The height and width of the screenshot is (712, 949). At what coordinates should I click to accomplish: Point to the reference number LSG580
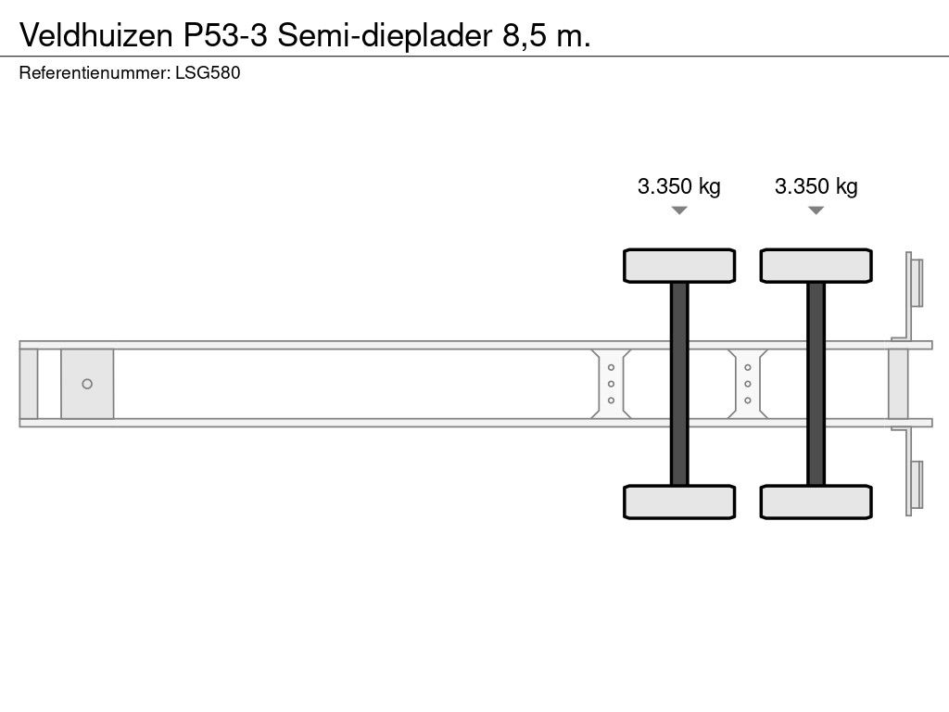(208, 73)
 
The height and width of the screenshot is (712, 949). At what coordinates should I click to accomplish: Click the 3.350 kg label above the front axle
(679, 186)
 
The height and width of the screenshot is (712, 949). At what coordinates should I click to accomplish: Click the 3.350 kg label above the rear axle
(816, 186)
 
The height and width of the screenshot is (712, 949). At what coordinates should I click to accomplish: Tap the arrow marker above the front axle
(679, 210)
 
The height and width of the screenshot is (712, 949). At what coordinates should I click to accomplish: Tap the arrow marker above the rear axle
(816, 210)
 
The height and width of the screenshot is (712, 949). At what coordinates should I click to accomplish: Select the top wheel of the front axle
(679, 265)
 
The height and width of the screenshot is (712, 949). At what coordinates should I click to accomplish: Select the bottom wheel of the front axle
(679, 502)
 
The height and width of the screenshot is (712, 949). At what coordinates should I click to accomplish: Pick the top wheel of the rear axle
(816, 265)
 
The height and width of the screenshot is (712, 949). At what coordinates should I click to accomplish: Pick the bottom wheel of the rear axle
(816, 502)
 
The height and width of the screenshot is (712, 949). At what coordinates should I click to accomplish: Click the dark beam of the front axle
(679, 383)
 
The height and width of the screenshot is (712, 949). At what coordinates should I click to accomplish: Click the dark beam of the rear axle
(816, 383)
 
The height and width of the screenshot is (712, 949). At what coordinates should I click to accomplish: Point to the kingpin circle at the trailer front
(87, 384)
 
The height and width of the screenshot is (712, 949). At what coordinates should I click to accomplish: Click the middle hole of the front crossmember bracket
(612, 384)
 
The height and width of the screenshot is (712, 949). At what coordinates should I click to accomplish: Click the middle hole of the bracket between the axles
(748, 384)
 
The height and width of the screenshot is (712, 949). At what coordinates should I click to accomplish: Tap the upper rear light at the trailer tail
(917, 282)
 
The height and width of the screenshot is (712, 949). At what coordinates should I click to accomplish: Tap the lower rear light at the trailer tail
(917, 485)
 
